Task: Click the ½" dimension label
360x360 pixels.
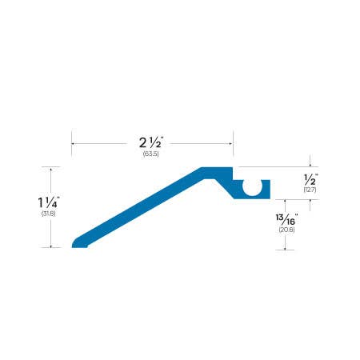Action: coord(310,179)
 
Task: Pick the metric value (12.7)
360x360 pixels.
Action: coord(310,190)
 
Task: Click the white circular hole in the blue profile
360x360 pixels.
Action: coord(253,188)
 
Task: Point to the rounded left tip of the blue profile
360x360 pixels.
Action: coord(74,242)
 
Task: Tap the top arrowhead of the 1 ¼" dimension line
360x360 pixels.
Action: coord(52,169)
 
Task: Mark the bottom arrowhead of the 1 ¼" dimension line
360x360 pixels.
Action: coord(52,246)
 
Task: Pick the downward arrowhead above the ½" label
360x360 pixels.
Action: coord(310,165)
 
